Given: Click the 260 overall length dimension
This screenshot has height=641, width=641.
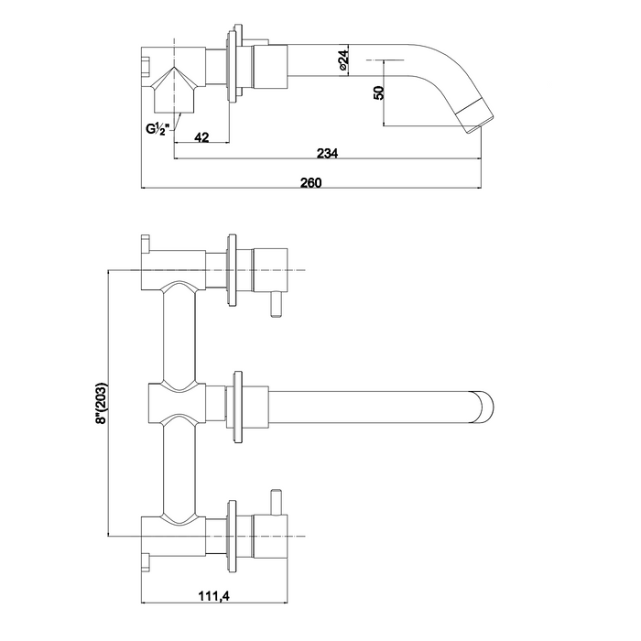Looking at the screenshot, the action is (311, 182).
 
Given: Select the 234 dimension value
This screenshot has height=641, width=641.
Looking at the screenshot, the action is (328, 153).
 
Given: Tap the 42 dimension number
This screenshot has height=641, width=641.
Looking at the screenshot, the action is (201, 137).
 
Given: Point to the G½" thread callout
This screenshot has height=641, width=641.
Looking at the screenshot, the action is (158, 129).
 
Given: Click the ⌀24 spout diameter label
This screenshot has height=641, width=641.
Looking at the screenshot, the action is (343, 60).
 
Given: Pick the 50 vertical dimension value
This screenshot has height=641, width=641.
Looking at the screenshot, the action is (379, 92).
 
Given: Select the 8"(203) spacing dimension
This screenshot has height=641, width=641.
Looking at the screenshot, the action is (101, 403).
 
